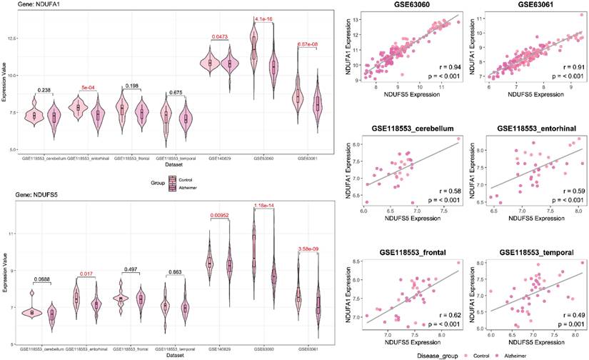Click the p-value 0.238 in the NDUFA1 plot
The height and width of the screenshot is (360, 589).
pyautogui.click(x=44, y=91)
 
